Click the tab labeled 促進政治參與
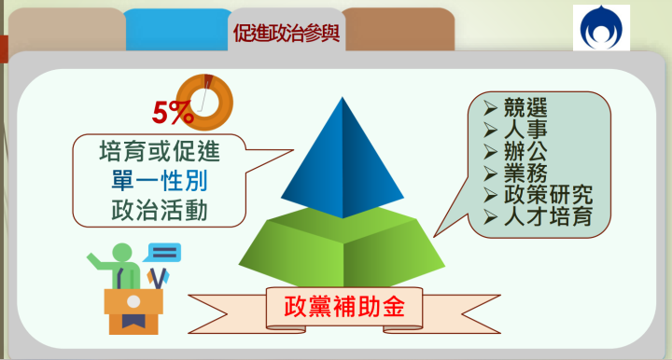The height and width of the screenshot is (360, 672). pos(286,35)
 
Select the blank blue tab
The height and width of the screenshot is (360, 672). pos(177,33)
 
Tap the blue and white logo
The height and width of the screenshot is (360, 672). pos(601,28)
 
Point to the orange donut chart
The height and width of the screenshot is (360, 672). pos(203,97)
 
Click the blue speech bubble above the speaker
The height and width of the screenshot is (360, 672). pos(163,252)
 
